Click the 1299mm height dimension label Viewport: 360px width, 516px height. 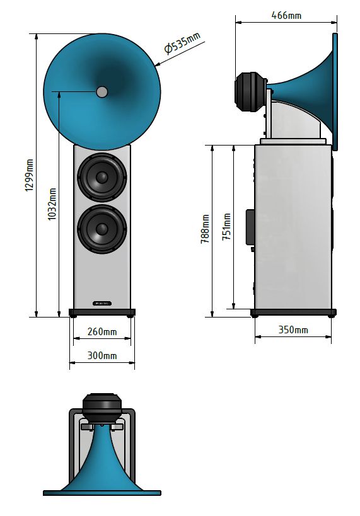(x=29, y=175)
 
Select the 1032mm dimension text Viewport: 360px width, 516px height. (x=52, y=204)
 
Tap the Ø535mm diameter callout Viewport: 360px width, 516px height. (x=182, y=43)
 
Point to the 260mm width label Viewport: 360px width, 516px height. (x=102, y=331)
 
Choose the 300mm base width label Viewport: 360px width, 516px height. (x=102, y=355)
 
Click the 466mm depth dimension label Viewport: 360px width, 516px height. (x=286, y=15)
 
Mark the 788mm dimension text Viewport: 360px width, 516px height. (x=205, y=229)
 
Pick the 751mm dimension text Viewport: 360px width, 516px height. (x=226, y=226)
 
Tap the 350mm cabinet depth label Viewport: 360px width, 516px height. (x=293, y=330)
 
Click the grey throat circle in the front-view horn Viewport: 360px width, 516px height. (x=102, y=92)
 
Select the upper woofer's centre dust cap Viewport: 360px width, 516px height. (x=102, y=178)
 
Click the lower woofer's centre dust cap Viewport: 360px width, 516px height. (x=102, y=229)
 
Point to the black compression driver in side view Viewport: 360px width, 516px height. (x=250, y=92)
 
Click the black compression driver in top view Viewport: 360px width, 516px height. (x=102, y=408)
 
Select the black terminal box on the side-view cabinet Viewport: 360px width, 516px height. (x=250, y=227)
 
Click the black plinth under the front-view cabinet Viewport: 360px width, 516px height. (x=102, y=312)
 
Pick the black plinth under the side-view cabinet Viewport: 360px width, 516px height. (x=293, y=312)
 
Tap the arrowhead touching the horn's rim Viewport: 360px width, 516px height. (x=158, y=64)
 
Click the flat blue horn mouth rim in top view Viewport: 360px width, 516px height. (x=102, y=493)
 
